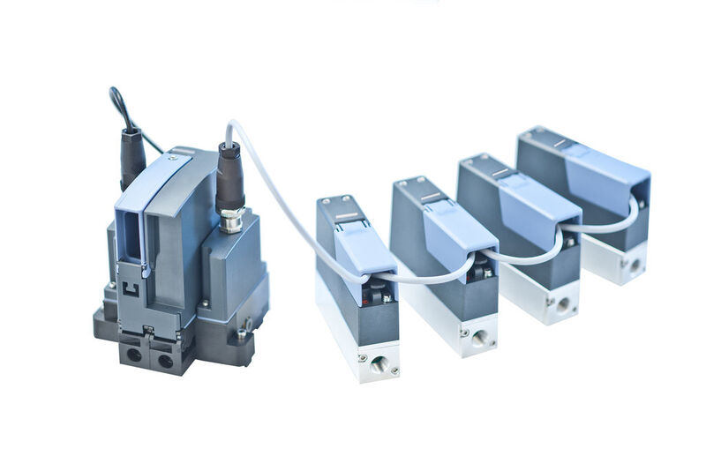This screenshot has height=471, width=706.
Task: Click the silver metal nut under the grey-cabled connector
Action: tap(231, 220)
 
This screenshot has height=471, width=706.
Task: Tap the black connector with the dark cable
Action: tap(132, 157)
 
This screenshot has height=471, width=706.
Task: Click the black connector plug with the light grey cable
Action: tap(229, 176)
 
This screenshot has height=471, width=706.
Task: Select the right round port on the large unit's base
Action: tap(165, 360)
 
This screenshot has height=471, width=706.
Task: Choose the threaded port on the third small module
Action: tap(563, 305)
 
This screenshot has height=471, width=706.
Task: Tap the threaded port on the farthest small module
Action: tap(634, 264)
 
